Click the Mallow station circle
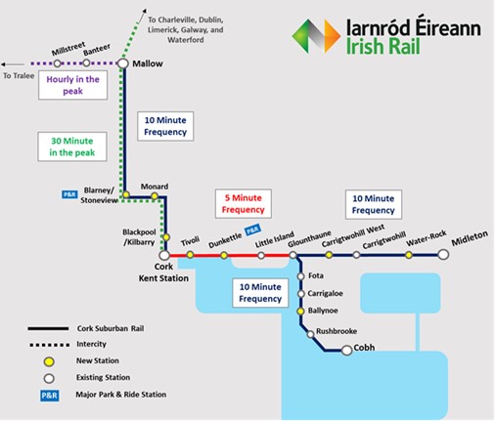pyautogui.click(x=123, y=63)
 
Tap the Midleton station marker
pyautogui.click(x=443, y=254)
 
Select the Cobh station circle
pyautogui.click(x=346, y=350)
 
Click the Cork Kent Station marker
pyautogui.click(x=164, y=255)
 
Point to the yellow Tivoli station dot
pyautogui.click(x=190, y=255)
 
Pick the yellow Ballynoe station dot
pyautogui.click(x=300, y=311)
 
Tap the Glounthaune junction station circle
pyautogui.click(x=292, y=255)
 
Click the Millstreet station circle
pyautogui.click(x=57, y=63)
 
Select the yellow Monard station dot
pyautogui.click(x=155, y=196)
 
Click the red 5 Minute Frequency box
pyautogui.click(x=244, y=203)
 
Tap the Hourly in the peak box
pyautogui.click(x=72, y=85)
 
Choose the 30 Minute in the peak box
pyautogui.click(x=72, y=147)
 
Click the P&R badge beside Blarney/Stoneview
pyautogui.click(x=69, y=194)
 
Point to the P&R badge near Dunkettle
pyautogui.click(x=253, y=230)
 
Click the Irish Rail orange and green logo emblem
pyautogui.click(x=316, y=36)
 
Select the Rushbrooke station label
pyautogui.click(x=337, y=331)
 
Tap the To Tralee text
pyautogui.click(x=19, y=76)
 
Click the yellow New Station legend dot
pyautogui.click(x=49, y=361)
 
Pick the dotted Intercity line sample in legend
pyautogui.click(x=49, y=345)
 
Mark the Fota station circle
pyautogui.click(x=300, y=276)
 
